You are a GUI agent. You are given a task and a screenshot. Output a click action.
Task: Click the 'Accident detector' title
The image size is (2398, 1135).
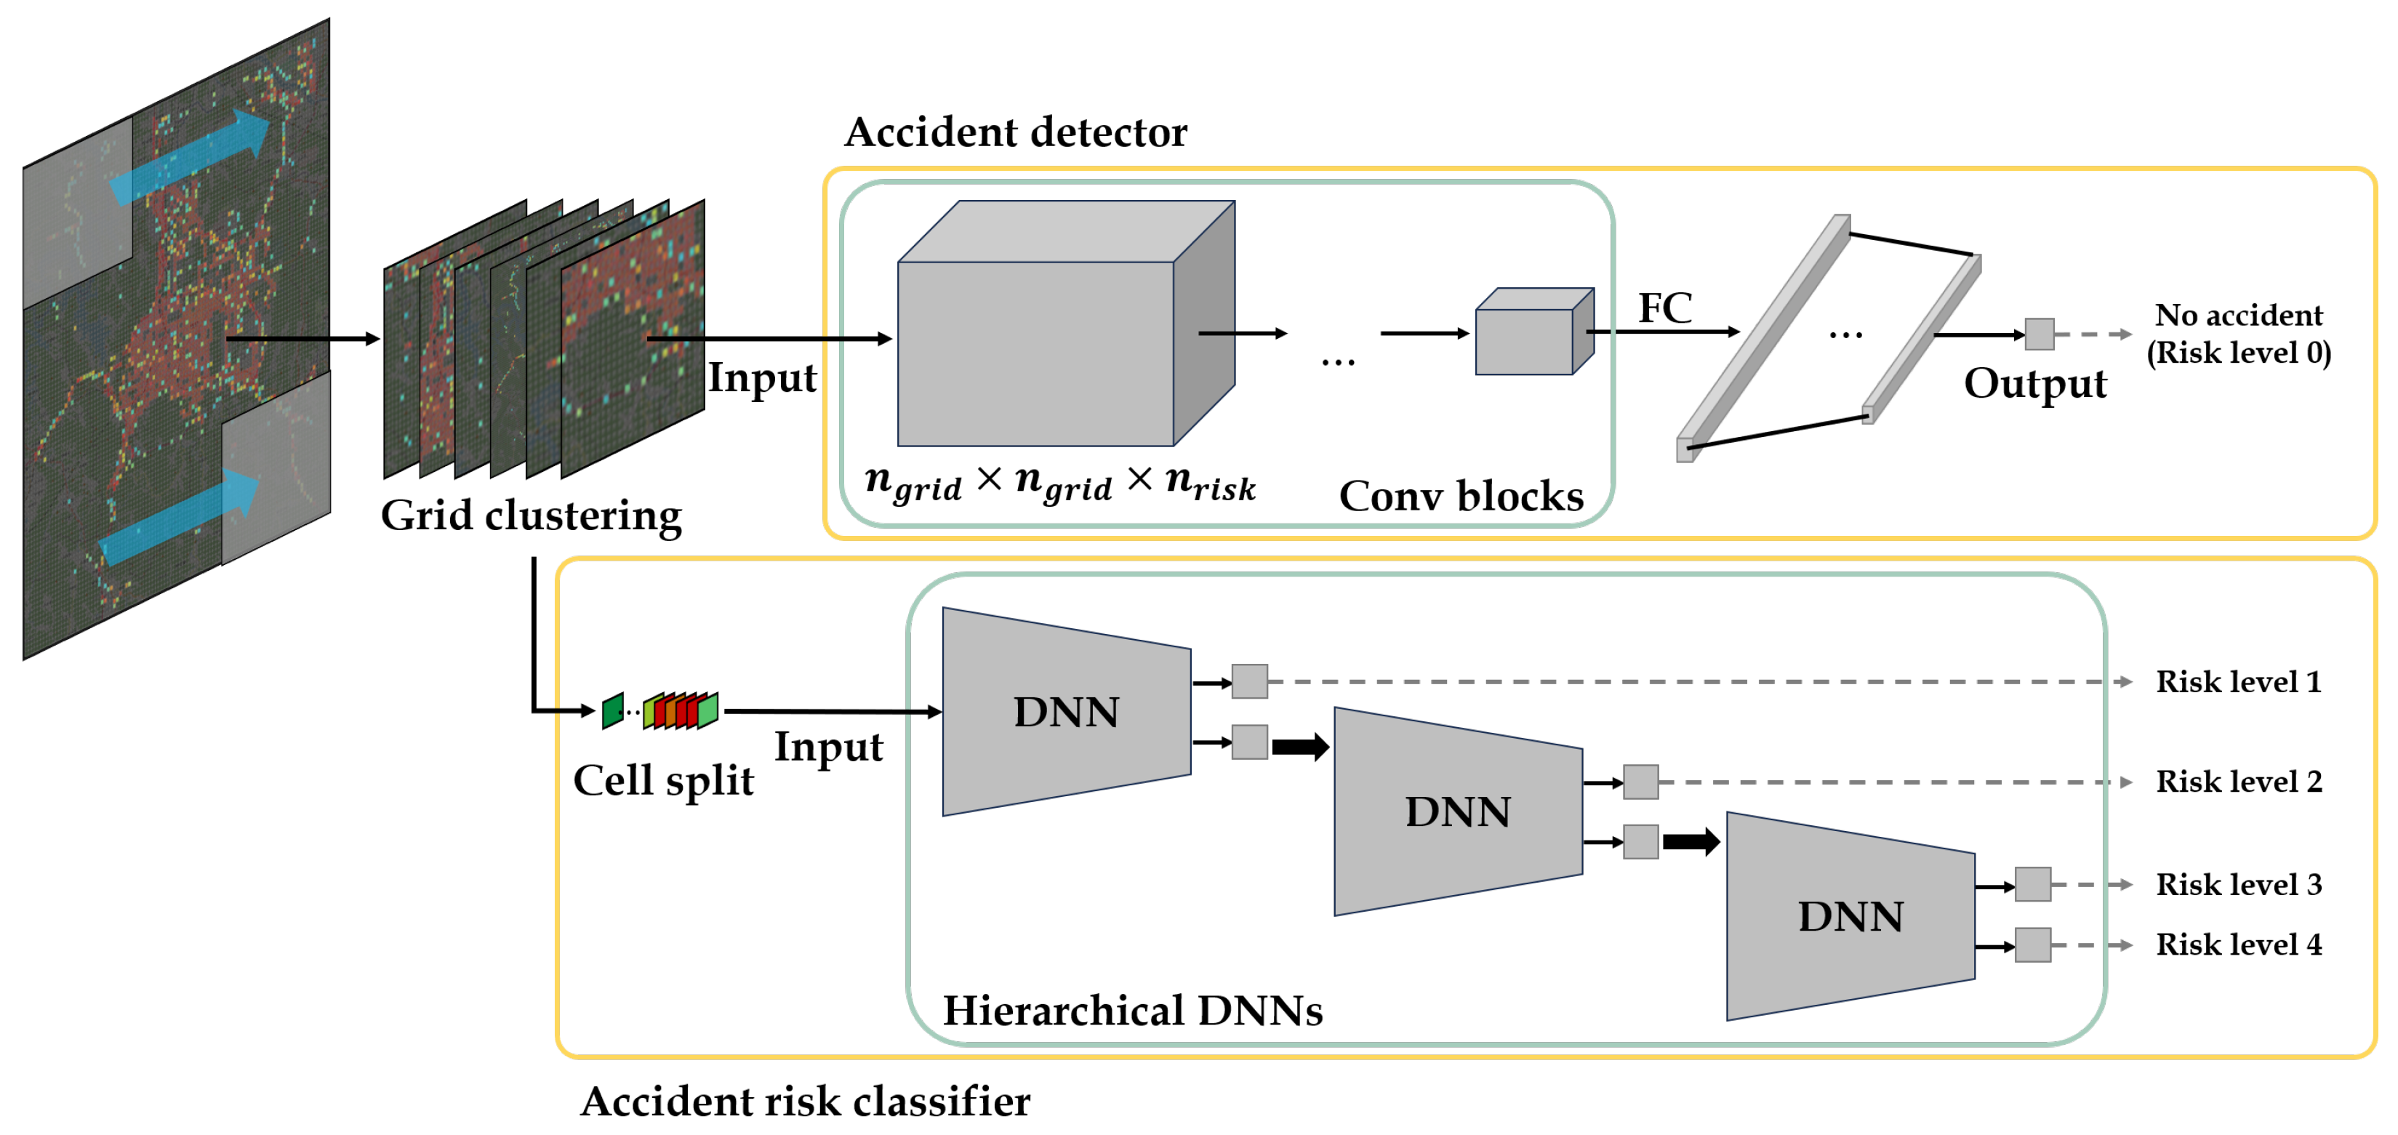pos(1015,132)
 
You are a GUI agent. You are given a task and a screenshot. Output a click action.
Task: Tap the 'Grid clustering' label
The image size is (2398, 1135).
pos(531,515)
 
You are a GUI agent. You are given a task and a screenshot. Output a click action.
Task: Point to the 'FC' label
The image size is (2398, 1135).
pos(1664,308)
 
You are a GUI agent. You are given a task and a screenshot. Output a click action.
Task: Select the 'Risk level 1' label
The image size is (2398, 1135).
pos(2238,681)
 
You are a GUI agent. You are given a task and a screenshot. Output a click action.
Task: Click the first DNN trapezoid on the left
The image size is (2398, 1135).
pos(1066,713)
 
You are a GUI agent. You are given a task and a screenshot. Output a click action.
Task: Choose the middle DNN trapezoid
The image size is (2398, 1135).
pos(1458,812)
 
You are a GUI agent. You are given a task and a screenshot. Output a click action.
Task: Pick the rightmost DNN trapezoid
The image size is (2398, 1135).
pos(1850,917)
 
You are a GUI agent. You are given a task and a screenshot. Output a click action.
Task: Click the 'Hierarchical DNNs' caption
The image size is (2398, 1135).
pos(1132,1010)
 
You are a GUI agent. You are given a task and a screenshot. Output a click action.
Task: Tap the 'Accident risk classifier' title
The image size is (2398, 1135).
pos(805,1102)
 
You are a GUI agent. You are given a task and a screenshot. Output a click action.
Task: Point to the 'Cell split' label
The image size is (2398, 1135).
pos(663,780)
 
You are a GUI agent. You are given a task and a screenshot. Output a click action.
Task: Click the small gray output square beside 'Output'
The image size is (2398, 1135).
pos(2039,334)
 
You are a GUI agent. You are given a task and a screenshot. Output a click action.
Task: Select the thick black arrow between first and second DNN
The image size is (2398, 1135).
pos(1299,746)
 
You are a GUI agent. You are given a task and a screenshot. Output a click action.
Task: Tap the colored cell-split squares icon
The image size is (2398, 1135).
pos(660,711)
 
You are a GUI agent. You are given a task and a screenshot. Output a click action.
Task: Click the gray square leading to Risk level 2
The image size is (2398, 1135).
pos(1640,782)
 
